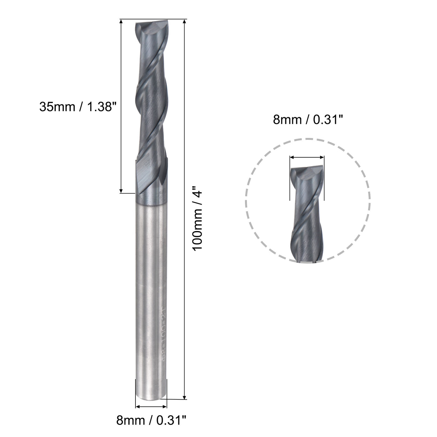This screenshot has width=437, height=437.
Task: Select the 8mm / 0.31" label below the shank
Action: pyautogui.click(x=152, y=421)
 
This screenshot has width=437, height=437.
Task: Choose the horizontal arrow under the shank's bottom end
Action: pyautogui.click(x=151, y=407)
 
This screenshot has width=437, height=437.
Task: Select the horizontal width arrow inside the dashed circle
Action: pyautogui.click(x=307, y=158)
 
